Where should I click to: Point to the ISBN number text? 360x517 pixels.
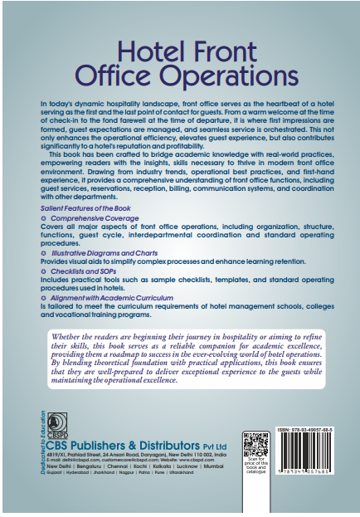[302, 432]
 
